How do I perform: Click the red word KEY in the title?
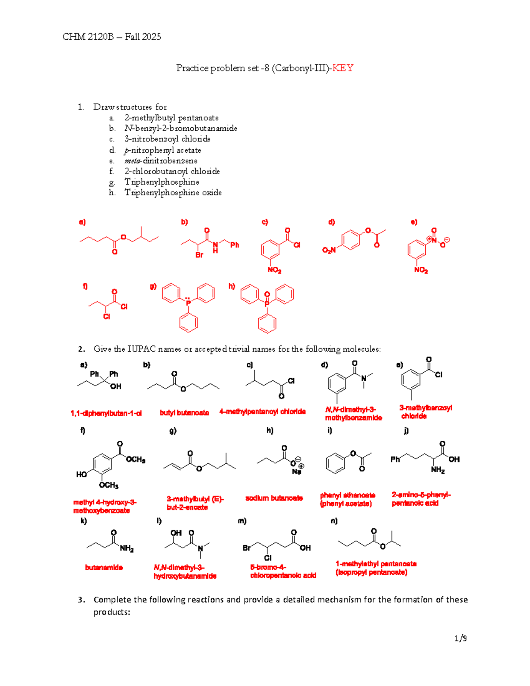[x=343, y=68]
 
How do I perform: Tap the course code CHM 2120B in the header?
[x=88, y=37]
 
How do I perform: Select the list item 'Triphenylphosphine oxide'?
[x=173, y=193]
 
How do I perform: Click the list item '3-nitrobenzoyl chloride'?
[x=167, y=139]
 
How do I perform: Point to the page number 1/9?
[x=461, y=638]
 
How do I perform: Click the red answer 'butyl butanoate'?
[x=184, y=413]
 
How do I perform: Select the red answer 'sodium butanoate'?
[x=274, y=498]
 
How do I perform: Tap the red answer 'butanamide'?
[x=104, y=568]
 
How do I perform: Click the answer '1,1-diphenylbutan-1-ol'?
[x=106, y=413]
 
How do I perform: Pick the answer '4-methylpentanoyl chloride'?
[x=262, y=412]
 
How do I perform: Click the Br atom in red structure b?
[x=199, y=255]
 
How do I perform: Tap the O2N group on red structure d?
[x=329, y=250]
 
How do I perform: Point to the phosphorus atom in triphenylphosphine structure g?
[x=189, y=303]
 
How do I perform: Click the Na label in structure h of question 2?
[x=296, y=472]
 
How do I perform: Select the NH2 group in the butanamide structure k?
[x=126, y=548]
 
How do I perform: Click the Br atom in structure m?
[x=246, y=548]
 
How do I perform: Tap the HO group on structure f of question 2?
[x=81, y=474]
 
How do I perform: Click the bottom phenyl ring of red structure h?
[x=267, y=323]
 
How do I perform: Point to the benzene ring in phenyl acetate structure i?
[x=336, y=463]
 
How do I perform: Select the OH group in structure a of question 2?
[x=116, y=387]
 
